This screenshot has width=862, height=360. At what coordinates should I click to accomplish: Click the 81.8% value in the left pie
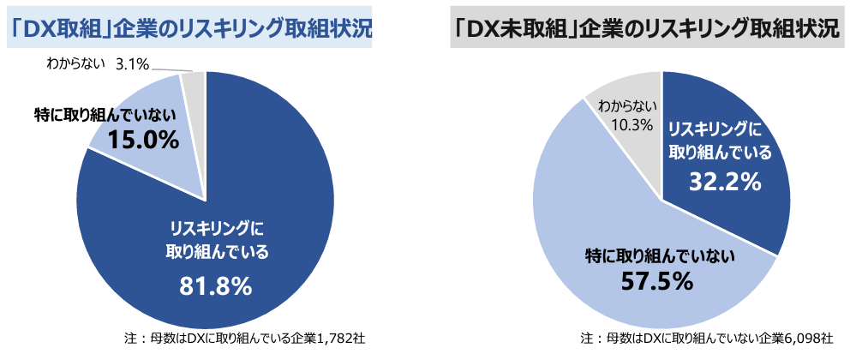coord(215,286)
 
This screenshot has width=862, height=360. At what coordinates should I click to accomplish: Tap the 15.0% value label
coord(143,139)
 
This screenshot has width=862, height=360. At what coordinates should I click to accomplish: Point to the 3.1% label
coord(131,63)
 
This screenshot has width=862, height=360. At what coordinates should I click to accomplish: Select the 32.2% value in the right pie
coord(725,182)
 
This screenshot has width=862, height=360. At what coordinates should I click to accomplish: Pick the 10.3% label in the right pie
coord(627,125)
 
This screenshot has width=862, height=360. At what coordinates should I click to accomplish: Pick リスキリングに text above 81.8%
coord(215,229)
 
